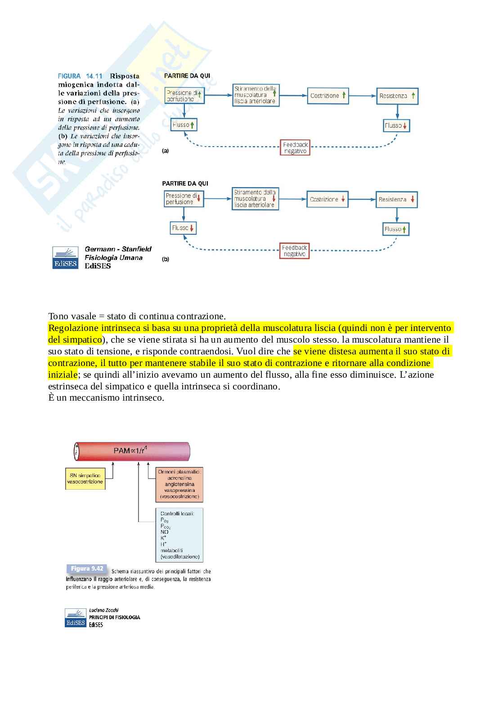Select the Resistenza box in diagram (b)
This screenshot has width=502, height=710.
pos(396,199)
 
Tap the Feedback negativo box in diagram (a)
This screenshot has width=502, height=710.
pos(295,148)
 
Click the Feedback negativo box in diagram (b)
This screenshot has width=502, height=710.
pos(294,251)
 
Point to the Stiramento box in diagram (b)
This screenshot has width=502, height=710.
pos(255,198)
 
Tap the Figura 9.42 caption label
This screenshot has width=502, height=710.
pos(86,569)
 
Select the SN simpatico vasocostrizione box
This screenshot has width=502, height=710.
pos(85,478)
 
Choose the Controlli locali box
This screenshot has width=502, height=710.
pos(179,535)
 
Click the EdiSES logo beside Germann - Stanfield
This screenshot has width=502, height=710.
pos(65,258)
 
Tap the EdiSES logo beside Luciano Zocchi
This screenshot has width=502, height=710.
pos(75,618)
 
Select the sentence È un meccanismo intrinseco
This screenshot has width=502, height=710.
pos(106,397)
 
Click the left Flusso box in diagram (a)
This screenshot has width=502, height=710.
pos(184,125)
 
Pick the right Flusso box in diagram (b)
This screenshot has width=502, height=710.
pos(396,229)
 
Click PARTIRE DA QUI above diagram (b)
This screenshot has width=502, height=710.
pos(185,183)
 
